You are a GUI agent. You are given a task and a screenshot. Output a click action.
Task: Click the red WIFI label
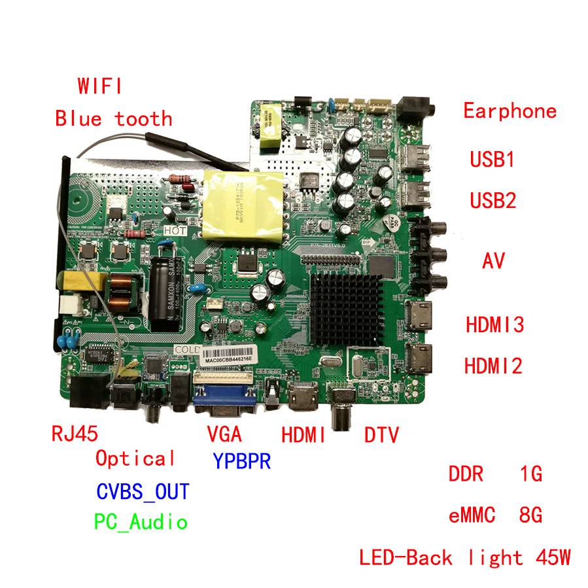tap(99, 86)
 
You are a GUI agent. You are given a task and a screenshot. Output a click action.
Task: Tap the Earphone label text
tap(510, 111)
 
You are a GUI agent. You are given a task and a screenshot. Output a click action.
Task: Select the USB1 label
tap(493, 160)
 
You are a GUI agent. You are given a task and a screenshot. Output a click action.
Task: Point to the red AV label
tap(494, 261)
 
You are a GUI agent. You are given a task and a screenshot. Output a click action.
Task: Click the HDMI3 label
tap(494, 325)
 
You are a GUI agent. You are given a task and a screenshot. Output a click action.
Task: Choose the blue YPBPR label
tap(241, 461)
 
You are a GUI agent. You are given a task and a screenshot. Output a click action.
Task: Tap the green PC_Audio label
tap(141, 522)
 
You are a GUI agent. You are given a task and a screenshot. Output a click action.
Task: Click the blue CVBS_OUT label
tap(143, 491)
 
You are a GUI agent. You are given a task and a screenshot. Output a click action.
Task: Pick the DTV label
tap(381, 435)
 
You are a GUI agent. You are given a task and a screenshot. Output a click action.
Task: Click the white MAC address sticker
tap(228, 359)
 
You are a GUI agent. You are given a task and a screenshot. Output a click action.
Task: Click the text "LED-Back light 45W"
tap(465, 558)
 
